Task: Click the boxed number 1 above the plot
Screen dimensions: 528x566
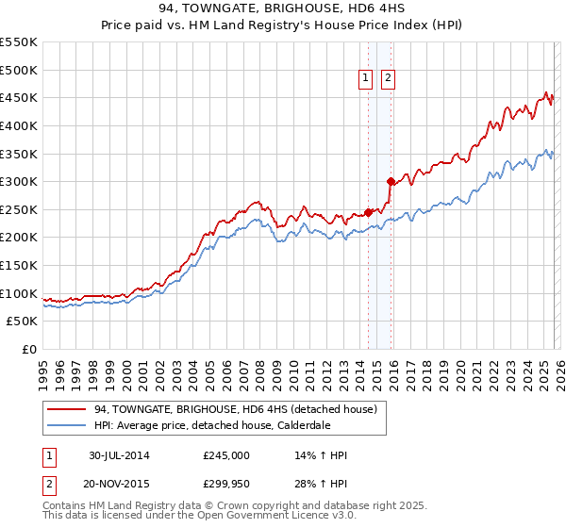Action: pos(365,79)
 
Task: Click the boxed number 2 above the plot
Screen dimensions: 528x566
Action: pos(388,79)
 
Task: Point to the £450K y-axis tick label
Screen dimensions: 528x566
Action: pos(19,97)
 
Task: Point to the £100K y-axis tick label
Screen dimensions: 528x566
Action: pos(19,293)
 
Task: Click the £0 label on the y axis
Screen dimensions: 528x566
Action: pos(29,349)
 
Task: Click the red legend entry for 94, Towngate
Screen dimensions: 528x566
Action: pos(236,409)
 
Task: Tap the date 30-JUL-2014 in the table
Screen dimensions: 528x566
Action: pos(119,455)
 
